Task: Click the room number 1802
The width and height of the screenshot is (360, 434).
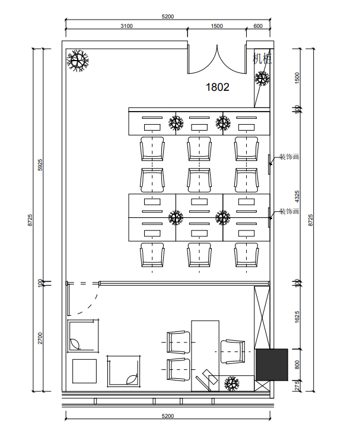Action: tap(217, 87)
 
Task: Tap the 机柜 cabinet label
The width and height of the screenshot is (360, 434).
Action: tap(262, 58)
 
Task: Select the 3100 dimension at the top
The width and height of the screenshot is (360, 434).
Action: tap(127, 26)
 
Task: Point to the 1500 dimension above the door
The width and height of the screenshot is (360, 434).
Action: tap(217, 26)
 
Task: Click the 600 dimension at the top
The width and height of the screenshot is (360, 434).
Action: tap(258, 26)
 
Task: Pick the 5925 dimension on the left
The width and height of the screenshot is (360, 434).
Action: tap(40, 164)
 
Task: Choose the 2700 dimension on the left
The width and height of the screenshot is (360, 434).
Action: tap(40, 338)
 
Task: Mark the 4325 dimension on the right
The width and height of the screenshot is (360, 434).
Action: tap(297, 197)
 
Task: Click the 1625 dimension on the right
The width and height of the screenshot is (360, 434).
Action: tap(297, 317)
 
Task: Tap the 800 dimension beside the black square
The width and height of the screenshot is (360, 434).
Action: tap(297, 365)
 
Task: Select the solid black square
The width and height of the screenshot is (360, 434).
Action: tap(272, 365)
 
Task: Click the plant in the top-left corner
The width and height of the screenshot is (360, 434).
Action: tap(78, 61)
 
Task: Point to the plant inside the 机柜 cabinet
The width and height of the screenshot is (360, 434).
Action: tap(262, 78)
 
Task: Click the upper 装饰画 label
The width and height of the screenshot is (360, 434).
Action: tap(289, 157)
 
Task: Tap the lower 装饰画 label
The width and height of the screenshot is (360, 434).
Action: tap(289, 211)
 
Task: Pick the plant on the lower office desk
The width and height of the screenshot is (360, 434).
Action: tap(232, 384)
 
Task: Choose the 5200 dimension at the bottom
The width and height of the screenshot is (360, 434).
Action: tap(168, 416)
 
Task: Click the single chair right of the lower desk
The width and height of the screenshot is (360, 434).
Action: tap(233, 352)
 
